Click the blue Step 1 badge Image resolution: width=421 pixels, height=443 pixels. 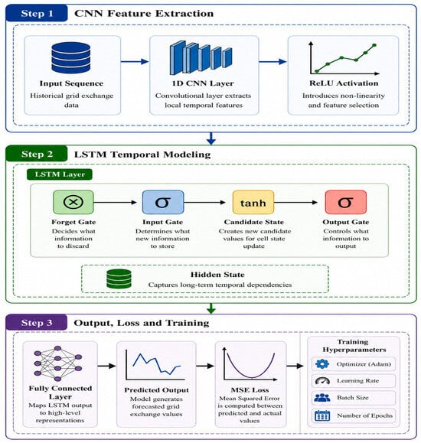click(37, 13)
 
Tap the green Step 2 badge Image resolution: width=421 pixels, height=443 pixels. click(37, 154)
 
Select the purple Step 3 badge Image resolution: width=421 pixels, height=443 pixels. click(37, 322)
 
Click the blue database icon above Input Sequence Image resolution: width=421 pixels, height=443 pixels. click(71, 57)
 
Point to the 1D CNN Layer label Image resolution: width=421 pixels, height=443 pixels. click(203, 83)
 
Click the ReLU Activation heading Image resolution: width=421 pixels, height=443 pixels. click(344, 83)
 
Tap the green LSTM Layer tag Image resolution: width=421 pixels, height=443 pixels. click(60, 174)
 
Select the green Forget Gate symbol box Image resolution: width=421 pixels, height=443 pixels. click(73, 202)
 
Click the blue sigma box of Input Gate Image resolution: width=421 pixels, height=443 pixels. click(163, 202)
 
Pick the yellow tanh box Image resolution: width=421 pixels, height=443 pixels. click(253, 202)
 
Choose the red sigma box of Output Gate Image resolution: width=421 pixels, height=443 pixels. click(345, 202)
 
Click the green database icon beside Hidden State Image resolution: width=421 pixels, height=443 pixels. click(119, 279)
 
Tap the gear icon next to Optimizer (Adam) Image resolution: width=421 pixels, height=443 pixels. click(322, 364)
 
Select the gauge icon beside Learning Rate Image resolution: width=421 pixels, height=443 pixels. click(322, 381)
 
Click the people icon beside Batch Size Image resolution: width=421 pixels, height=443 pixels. click(322, 398)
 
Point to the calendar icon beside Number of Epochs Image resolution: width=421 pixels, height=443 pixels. click(322, 415)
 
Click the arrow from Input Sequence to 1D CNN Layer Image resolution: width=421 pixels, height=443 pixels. click(135, 61)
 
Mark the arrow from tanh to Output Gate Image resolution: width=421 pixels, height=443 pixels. click(295, 202)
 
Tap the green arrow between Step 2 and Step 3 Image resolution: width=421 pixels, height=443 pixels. click(211, 308)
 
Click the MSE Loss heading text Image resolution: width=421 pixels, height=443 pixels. click(250, 390)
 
